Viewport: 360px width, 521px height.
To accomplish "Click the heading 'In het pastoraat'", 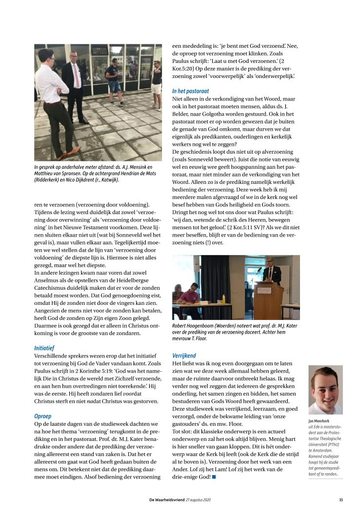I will [191, 91].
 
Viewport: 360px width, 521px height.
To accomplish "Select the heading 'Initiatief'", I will [44, 348].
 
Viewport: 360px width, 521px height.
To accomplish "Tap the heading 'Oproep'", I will [42, 416].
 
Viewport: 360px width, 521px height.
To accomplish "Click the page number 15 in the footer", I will [341, 500].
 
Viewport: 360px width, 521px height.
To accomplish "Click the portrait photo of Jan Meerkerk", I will [325, 390].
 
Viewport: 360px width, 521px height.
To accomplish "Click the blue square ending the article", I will [214, 476].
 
